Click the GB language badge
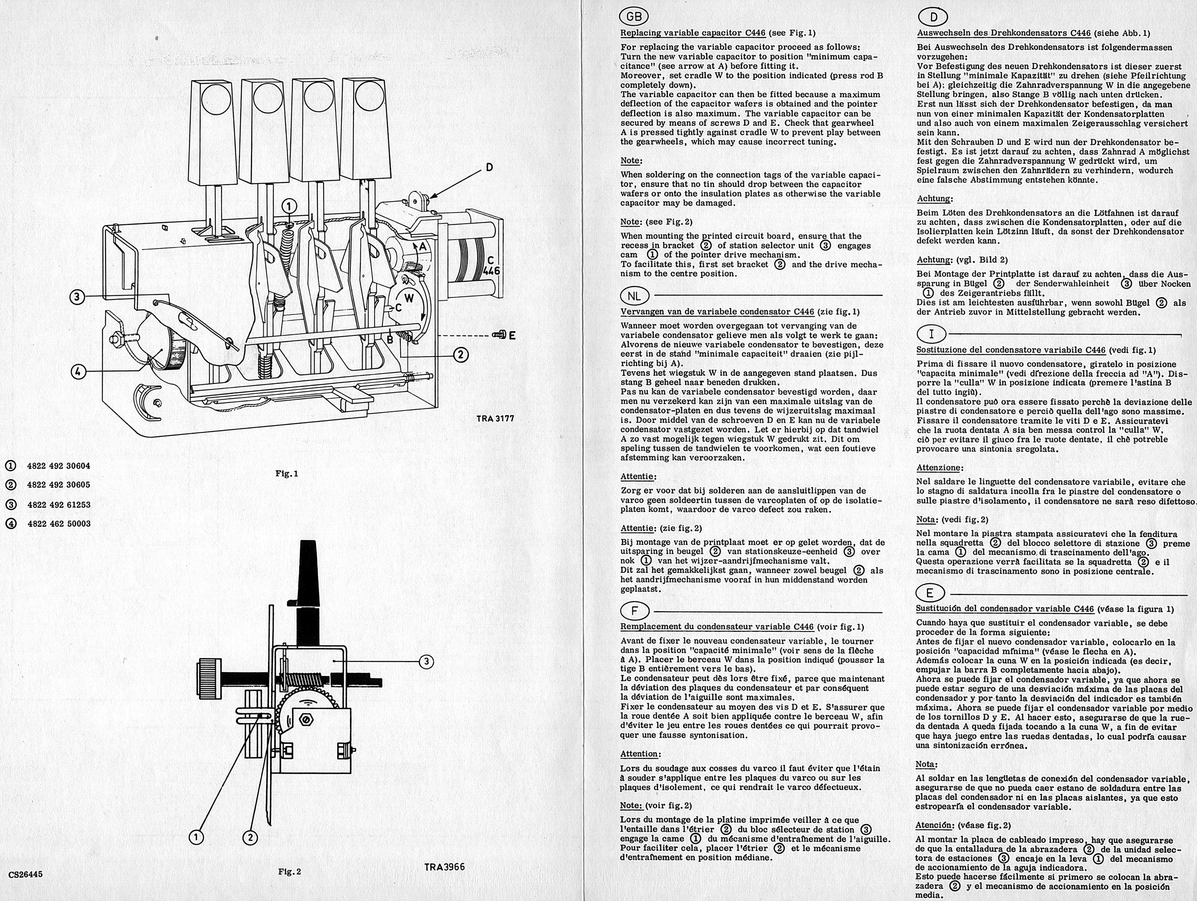[634, 17]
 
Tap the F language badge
[634, 612]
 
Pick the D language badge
[934, 17]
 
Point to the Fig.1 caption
[287, 474]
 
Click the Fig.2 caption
[289, 871]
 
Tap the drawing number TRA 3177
[495, 418]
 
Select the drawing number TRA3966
[444, 867]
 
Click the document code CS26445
[25, 874]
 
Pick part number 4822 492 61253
[59, 504]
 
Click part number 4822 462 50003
[59, 524]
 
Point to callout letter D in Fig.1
[489, 168]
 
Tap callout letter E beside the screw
[511, 336]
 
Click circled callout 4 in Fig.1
[79, 372]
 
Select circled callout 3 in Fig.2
[426, 661]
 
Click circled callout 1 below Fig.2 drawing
[196, 837]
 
